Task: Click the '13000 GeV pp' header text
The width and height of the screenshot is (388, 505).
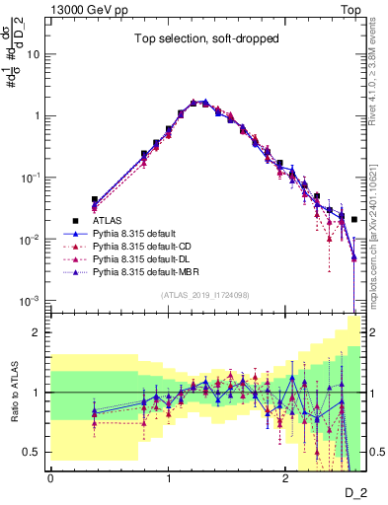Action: (89, 9)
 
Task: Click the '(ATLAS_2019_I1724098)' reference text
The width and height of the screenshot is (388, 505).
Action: (204, 295)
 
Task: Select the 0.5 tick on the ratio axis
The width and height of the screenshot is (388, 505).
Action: (36, 452)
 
